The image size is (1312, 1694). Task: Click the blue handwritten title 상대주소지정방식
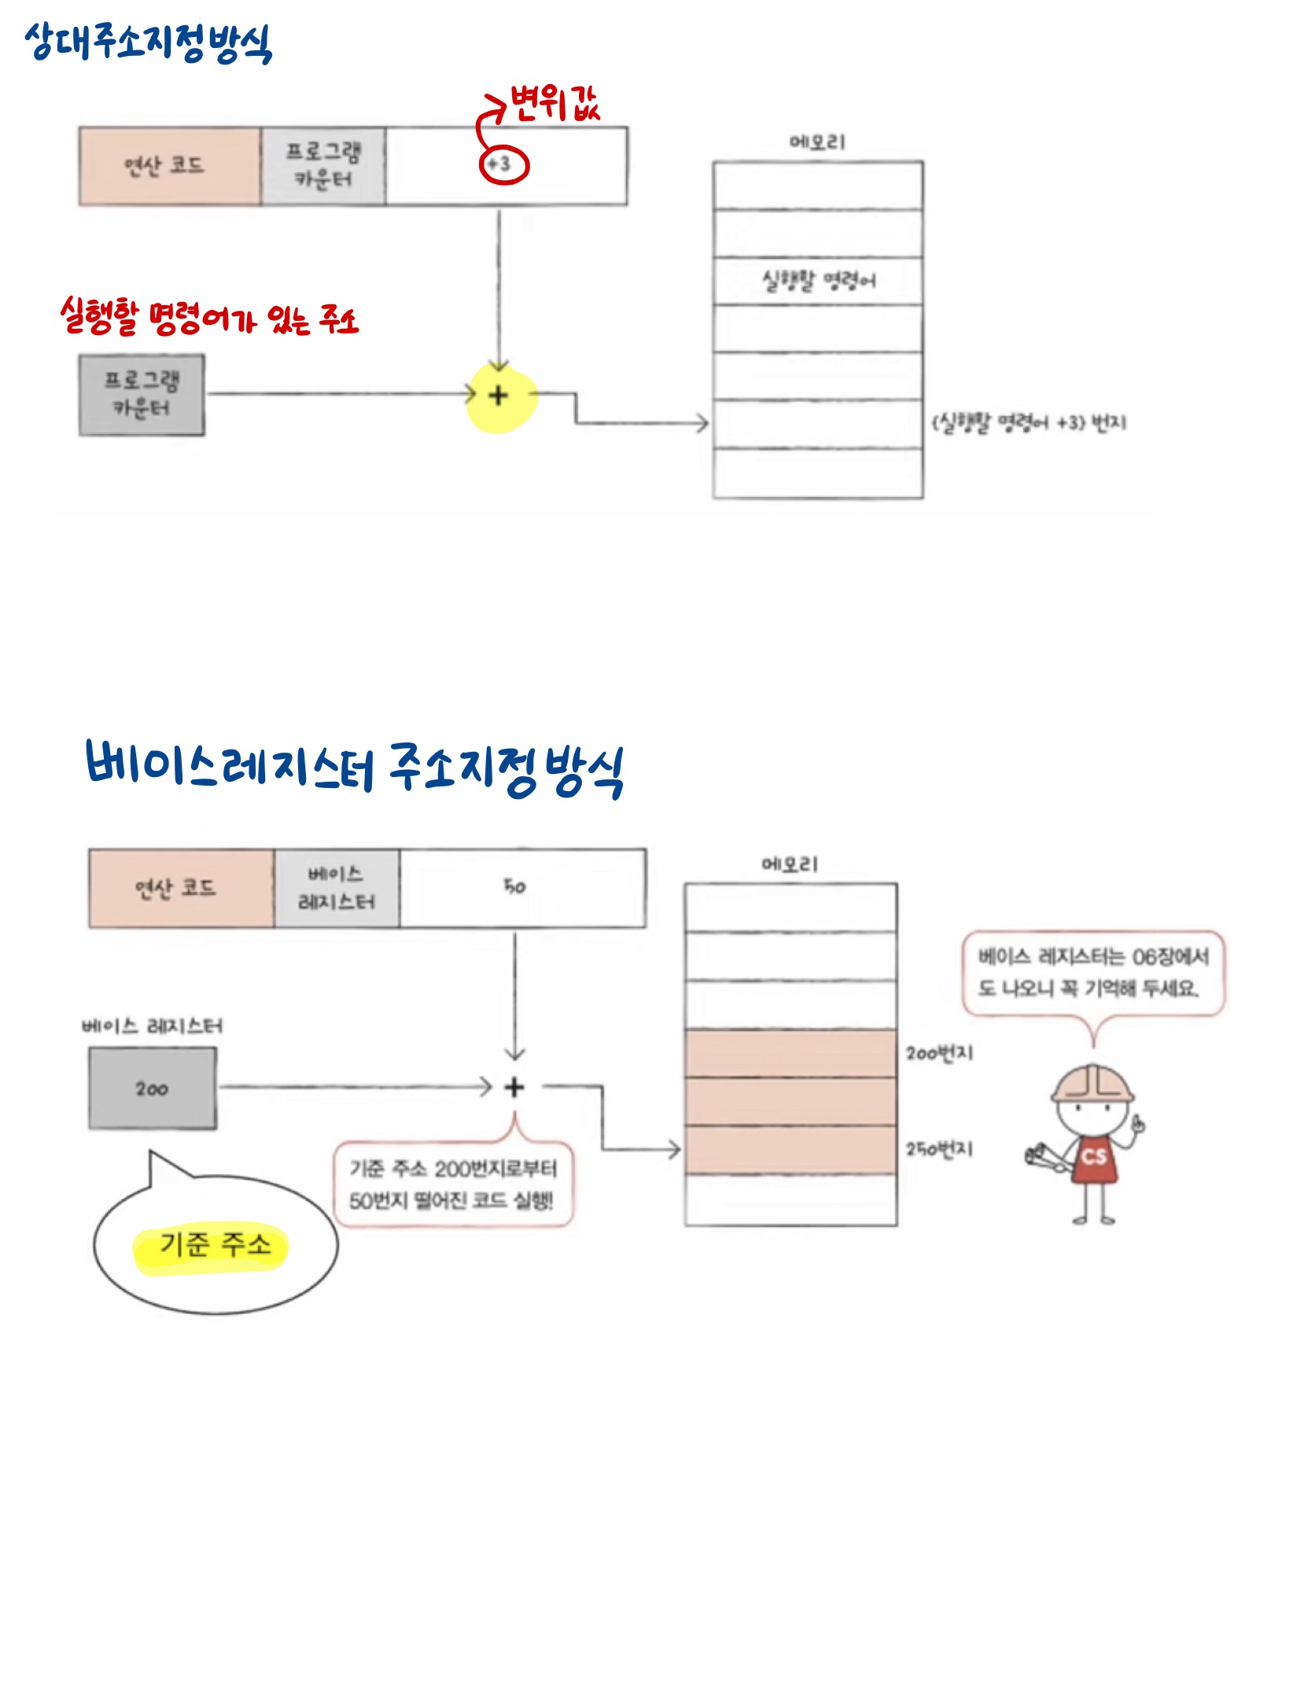point(148,42)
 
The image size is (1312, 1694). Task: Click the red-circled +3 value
point(503,164)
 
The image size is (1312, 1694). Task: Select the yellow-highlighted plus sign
point(499,396)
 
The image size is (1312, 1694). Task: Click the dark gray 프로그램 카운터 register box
point(142,395)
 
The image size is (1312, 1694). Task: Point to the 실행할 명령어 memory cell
point(817,281)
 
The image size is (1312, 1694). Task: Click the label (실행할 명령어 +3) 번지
point(1029,423)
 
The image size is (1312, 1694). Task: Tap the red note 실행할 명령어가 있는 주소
point(209,318)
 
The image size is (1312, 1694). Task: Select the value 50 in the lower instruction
point(514,887)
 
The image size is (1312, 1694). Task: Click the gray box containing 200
point(152,1089)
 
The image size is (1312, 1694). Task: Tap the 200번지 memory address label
point(939,1053)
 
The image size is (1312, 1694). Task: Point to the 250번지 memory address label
point(939,1150)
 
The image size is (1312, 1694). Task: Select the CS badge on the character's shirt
point(1093,1157)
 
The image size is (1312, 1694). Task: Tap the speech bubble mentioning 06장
point(1093,973)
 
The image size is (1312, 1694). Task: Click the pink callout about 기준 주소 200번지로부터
point(453,1184)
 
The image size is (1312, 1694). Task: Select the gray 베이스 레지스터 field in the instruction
point(336,888)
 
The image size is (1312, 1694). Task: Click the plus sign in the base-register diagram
point(514,1088)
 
